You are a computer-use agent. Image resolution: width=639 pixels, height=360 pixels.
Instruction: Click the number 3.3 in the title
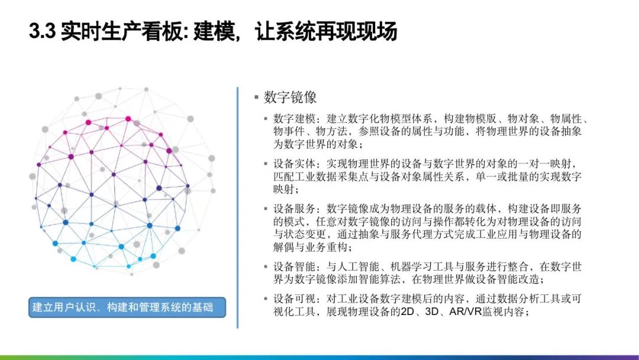(x=42, y=31)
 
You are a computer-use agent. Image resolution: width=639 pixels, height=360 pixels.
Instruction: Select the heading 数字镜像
(x=290, y=97)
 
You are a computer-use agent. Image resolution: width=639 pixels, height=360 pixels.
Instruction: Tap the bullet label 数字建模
(x=294, y=118)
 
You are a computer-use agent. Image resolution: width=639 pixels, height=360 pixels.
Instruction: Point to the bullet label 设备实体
(x=294, y=164)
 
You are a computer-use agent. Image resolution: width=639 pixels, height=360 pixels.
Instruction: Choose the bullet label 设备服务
(x=294, y=209)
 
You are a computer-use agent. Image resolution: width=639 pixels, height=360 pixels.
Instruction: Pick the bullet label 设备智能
(x=294, y=266)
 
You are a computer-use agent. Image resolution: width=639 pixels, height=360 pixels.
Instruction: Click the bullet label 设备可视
(x=294, y=299)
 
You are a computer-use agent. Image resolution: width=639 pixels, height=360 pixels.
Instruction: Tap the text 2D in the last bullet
(x=408, y=312)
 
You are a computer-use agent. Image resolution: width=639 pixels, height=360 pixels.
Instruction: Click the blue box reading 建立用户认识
(x=127, y=307)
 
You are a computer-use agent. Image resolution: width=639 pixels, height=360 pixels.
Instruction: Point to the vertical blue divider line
(x=237, y=207)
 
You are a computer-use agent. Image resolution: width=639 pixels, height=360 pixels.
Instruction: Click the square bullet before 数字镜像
(x=256, y=97)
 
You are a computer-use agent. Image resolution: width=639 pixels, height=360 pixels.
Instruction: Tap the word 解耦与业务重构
(x=310, y=247)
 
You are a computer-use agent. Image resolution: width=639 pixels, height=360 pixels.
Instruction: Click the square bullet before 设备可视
(x=266, y=299)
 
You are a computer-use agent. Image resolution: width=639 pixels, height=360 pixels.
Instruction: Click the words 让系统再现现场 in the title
(x=327, y=31)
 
